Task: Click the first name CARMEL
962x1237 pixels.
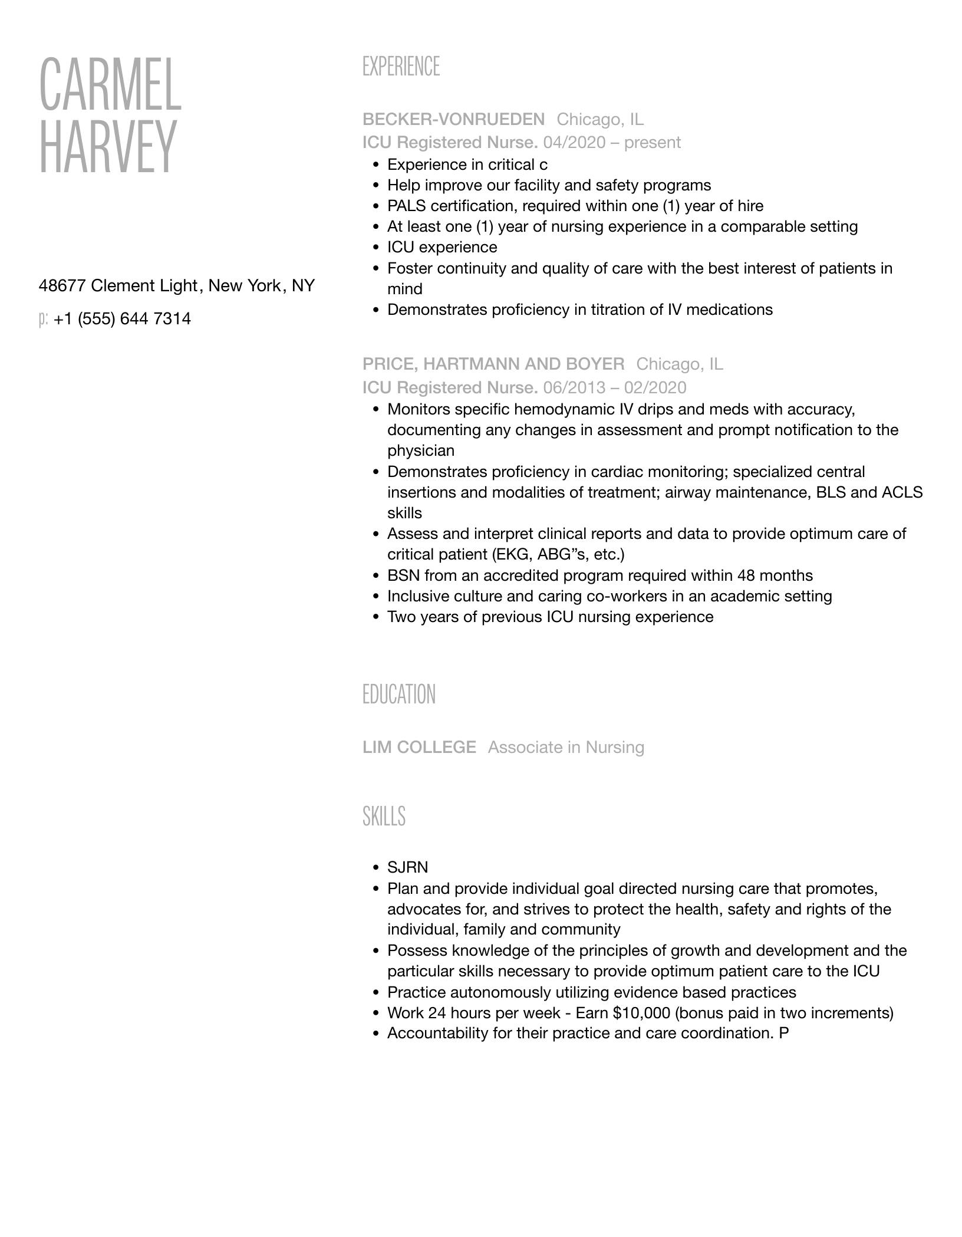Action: click(110, 85)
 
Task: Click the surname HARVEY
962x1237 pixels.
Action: click(108, 147)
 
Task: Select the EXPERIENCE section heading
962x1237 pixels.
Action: click(401, 67)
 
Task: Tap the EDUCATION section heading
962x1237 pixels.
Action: click(398, 695)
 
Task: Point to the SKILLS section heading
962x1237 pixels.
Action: click(384, 816)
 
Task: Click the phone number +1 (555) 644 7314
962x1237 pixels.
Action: click(122, 319)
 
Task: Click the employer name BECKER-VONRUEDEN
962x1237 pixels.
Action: click(453, 120)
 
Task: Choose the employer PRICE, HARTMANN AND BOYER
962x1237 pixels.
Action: click(493, 364)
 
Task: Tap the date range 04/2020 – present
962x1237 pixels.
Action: click(612, 143)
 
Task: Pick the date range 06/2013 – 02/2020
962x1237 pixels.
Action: click(615, 387)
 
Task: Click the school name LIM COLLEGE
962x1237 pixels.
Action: click(419, 747)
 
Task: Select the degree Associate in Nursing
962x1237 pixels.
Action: click(566, 747)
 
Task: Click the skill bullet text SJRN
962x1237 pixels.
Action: click(407, 867)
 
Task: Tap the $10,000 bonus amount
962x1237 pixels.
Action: click(641, 1013)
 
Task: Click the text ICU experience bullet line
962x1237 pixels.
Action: click(442, 248)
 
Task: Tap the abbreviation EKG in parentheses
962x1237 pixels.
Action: click(512, 555)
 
